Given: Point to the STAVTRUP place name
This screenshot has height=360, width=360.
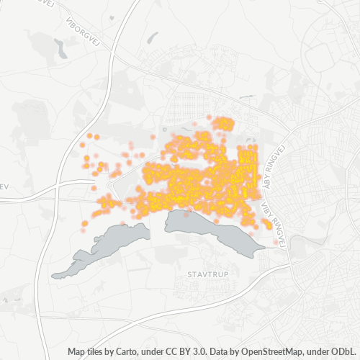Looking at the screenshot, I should click(207, 275).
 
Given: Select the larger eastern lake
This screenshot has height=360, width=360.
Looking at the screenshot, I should click(212, 230).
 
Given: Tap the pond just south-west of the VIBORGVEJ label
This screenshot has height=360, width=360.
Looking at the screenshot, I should click(60, 50).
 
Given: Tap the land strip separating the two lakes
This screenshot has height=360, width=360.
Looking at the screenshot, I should click(158, 229).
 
